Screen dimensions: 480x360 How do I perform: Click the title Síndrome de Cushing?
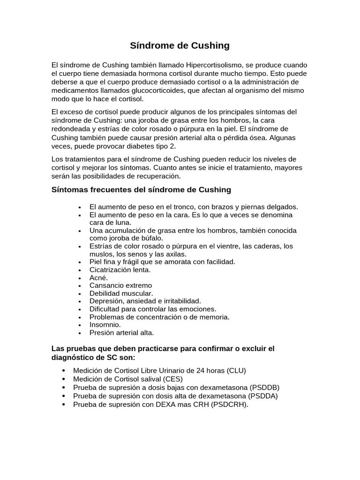coord(180,45)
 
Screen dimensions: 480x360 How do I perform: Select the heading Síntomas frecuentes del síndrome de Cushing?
coord(141,190)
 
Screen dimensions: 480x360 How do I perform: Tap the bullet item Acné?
coord(98,277)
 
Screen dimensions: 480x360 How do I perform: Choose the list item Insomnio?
coord(105,325)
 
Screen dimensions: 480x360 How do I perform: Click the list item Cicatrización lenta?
coord(120,270)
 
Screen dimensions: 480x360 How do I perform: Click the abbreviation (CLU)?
coord(236,370)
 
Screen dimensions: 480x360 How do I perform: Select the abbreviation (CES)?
coord(173,379)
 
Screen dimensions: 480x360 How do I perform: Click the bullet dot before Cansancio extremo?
coord(81,286)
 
